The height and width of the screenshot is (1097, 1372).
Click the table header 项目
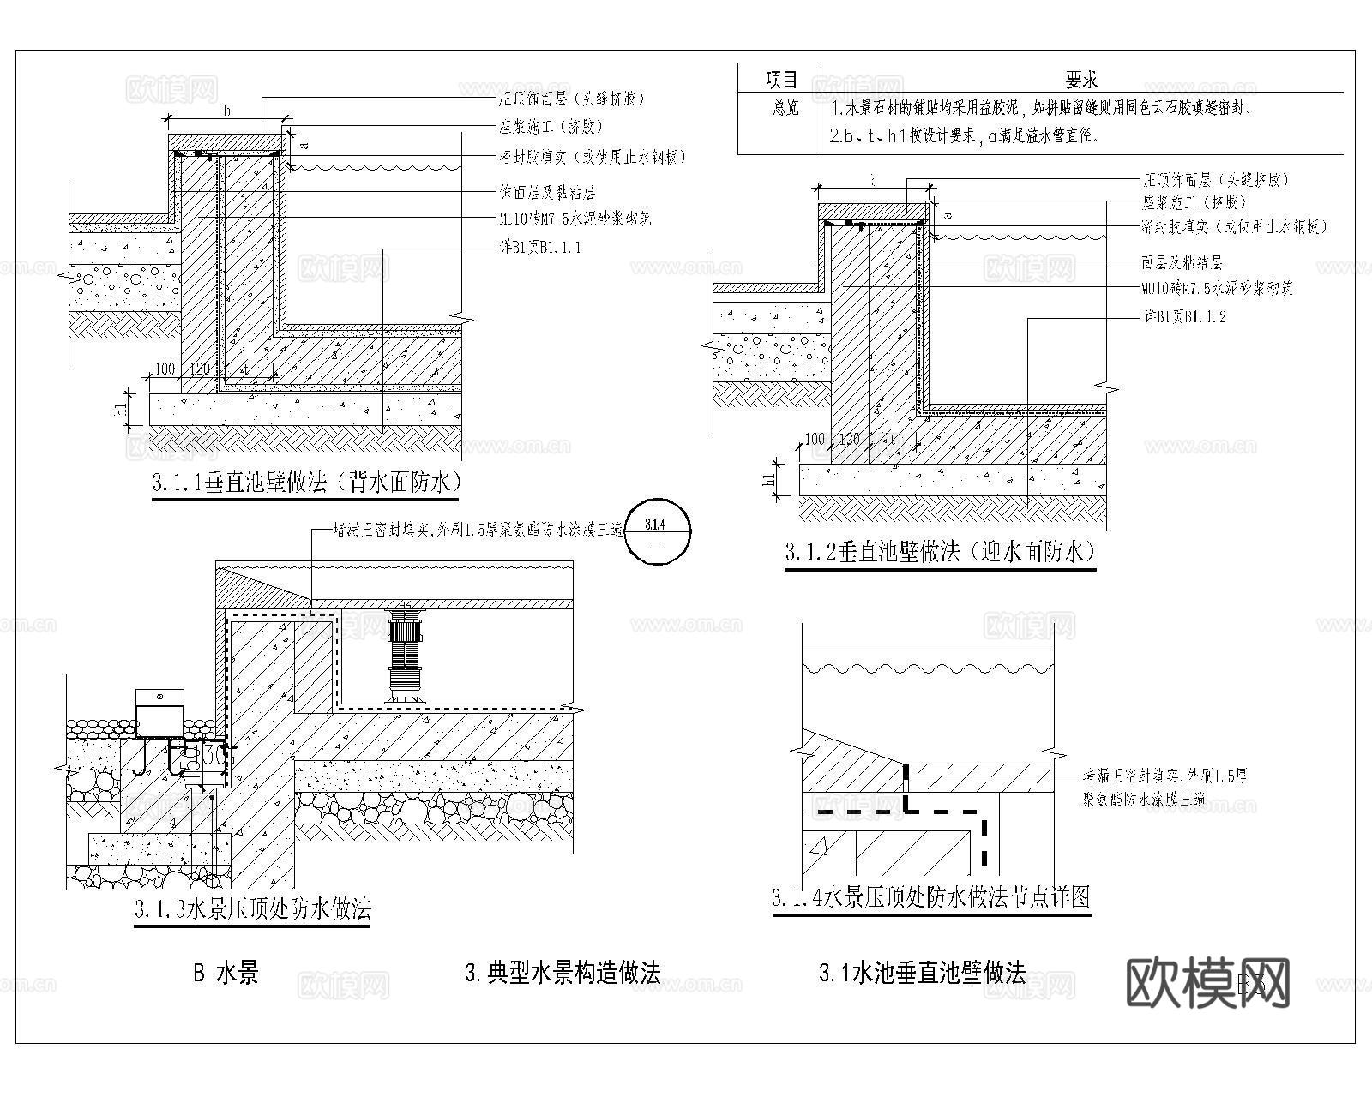(x=781, y=80)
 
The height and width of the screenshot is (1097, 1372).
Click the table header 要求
(x=1081, y=80)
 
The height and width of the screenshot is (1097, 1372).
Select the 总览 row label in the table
(x=781, y=109)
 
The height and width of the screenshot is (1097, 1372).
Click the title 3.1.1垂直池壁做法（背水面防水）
(x=306, y=483)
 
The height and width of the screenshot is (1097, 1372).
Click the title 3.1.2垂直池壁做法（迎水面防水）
(x=940, y=552)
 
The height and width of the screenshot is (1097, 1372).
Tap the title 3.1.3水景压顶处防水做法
(x=252, y=908)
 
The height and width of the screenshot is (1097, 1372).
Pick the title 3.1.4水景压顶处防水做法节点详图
(x=931, y=898)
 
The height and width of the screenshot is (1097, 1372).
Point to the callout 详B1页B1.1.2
(x=1184, y=317)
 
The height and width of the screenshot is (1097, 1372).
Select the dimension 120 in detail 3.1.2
(x=848, y=439)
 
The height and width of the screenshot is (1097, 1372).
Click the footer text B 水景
(x=226, y=973)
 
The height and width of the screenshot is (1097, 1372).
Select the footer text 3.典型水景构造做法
(x=562, y=973)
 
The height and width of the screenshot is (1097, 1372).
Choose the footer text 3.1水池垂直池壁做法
(x=922, y=973)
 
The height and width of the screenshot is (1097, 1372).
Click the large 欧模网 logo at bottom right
(x=1206, y=983)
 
